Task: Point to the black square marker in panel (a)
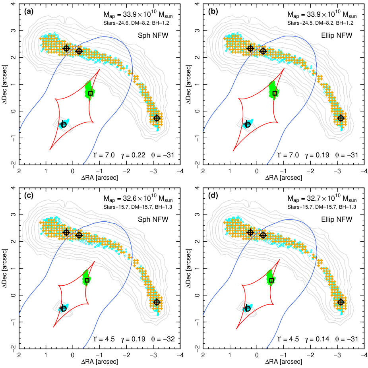(x=91, y=93)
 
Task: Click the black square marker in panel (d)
(x=272, y=280)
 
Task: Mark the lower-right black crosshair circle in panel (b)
(x=341, y=118)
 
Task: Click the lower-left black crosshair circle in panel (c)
(x=63, y=308)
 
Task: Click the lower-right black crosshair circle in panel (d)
(x=341, y=302)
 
